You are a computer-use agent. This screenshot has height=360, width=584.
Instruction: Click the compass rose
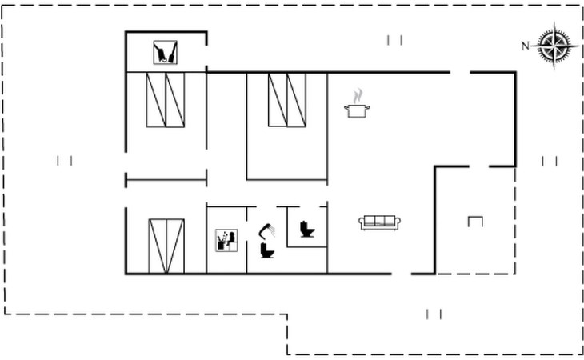click(x=553, y=45)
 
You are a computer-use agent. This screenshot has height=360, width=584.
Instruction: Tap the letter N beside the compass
click(x=526, y=46)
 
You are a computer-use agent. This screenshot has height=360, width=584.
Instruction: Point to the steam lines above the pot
click(x=357, y=96)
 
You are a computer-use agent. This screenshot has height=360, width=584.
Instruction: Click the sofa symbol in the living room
click(x=379, y=222)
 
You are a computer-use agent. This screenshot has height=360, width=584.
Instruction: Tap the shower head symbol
click(x=267, y=230)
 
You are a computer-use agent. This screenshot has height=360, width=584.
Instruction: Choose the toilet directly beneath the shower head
click(x=268, y=250)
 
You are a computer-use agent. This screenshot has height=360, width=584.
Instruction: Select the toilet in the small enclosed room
click(x=306, y=229)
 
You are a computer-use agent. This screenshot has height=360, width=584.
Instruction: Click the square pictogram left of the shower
click(x=227, y=240)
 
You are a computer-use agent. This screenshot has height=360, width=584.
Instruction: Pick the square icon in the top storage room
click(x=166, y=54)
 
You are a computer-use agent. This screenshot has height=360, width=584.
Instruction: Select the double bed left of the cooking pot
click(x=286, y=100)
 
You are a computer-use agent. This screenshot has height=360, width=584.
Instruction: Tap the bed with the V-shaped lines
click(x=166, y=246)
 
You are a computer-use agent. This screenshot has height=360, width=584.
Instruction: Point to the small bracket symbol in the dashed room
click(x=475, y=222)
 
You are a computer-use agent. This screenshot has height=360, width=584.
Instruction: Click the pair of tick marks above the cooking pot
click(x=394, y=40)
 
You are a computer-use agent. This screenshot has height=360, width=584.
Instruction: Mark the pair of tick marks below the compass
click(x=550, y=161)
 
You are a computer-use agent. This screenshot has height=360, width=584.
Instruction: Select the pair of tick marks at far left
click(x=65, y=161)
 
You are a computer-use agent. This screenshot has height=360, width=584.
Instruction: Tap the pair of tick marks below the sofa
click(x=434, y=314)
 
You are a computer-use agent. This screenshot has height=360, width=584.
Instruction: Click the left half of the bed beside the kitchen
click(x=278, y=100)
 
